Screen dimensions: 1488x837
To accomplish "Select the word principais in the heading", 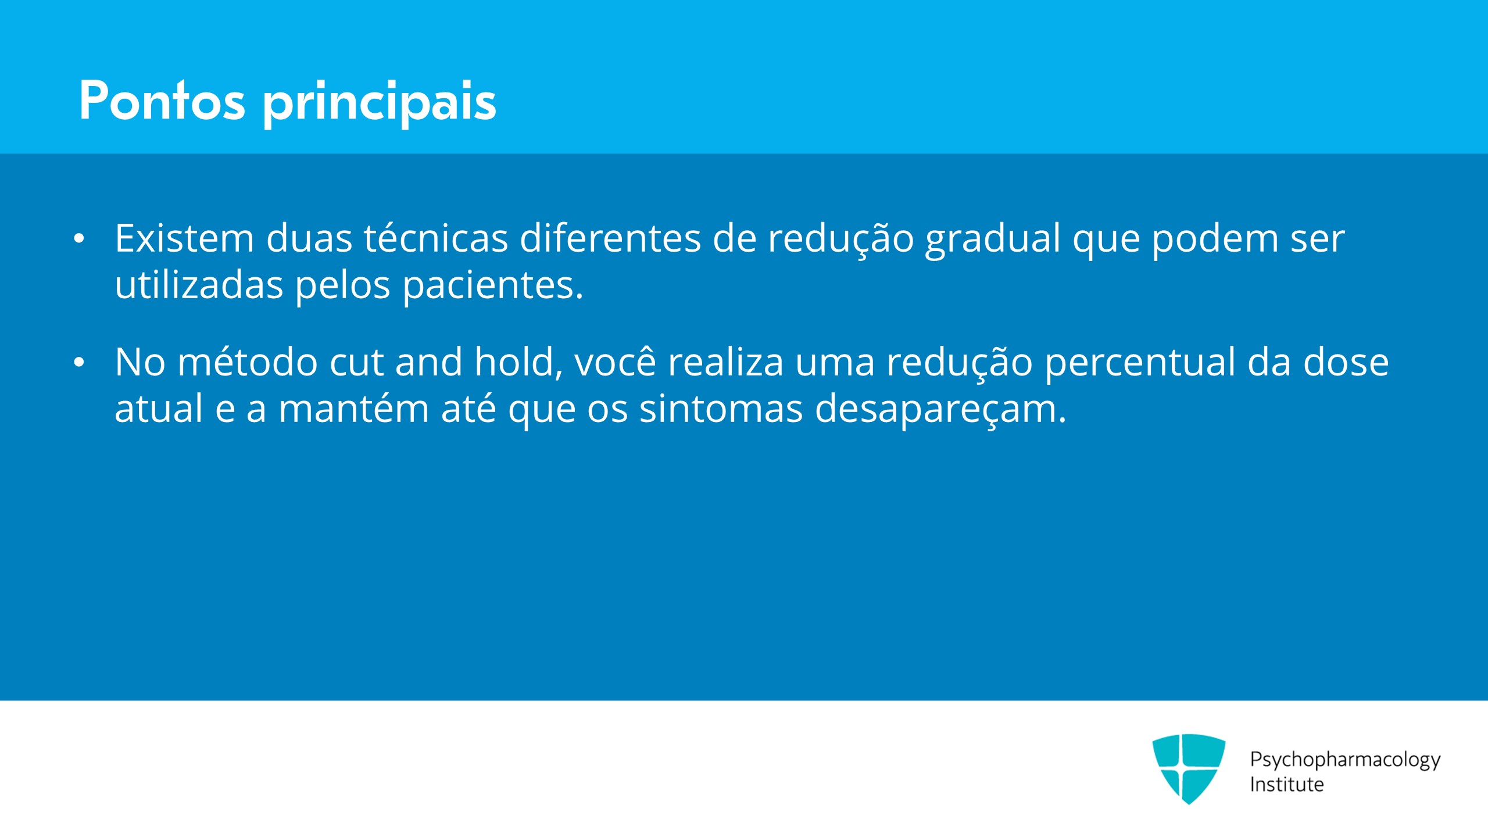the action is click(380, 103).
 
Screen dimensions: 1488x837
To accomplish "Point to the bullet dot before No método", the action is click(79, 362).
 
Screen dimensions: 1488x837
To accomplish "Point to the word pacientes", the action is click(493, 286).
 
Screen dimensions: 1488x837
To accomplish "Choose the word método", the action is click(248, 362).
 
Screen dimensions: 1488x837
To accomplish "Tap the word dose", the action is click(1346, 362).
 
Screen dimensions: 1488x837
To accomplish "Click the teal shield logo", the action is click(1189, 768).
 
